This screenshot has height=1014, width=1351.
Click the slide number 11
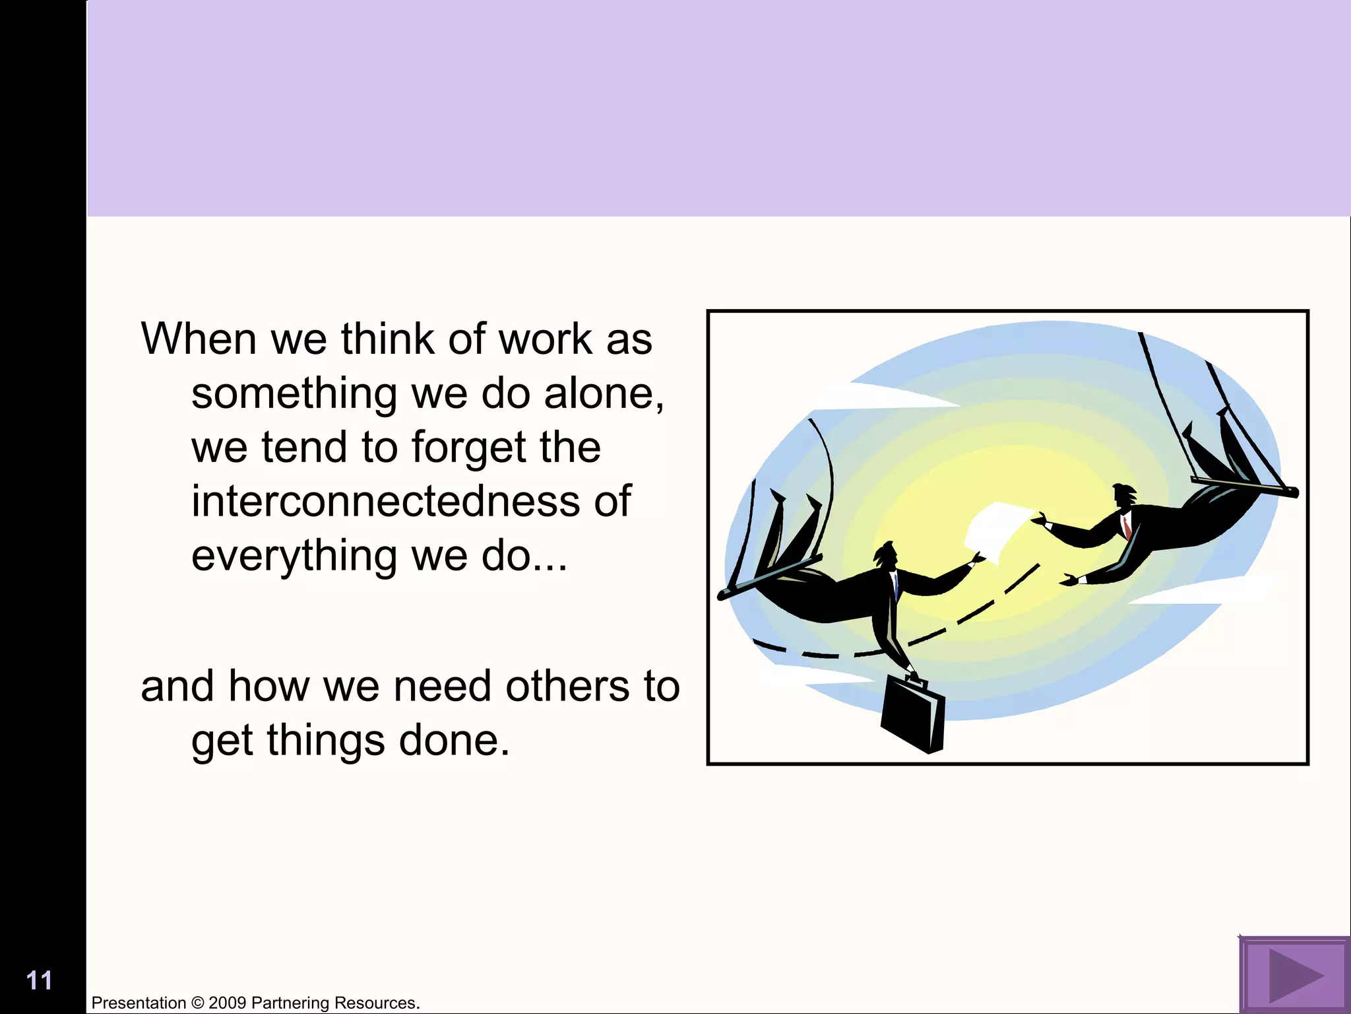click(39, 981)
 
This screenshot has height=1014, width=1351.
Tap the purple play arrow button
click(1294, 975)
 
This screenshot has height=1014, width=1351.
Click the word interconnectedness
click(385, 501)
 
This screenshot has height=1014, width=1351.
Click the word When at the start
click(199, 339)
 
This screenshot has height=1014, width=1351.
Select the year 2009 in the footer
click(228, 1003)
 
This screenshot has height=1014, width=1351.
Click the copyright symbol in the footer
click(197, 1003)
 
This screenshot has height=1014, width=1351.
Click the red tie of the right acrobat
click(1127, 527)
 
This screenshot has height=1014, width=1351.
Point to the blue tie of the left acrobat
click(896, 584)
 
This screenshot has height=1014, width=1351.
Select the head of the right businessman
click(1123, 496)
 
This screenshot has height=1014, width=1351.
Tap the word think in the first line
click(387, 339)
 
